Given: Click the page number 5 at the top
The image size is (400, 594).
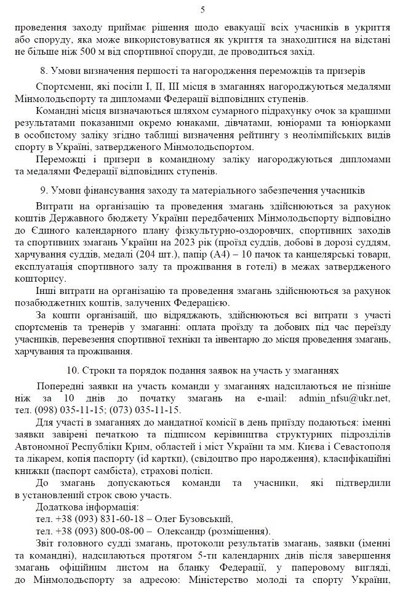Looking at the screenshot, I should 202,9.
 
